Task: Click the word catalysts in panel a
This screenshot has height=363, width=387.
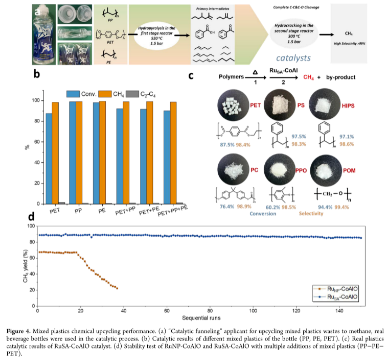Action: [x=292, y=57]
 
